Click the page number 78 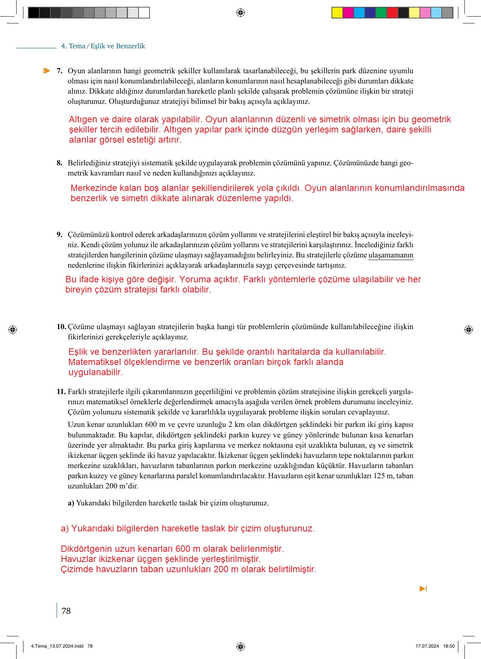[66, 611]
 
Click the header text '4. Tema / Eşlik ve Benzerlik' [103, 46]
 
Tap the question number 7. [59, 71]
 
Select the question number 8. [59, 163]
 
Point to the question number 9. [59, 235]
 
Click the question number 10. [61, 327]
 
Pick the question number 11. [61, 392]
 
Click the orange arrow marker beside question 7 [46, 71]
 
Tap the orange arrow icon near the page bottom [423, 589]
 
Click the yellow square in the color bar [337, 13]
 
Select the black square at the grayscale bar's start [34, 13]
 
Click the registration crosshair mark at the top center [240, 13]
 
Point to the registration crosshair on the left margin [12, 329]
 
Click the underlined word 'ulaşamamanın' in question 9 [391, 255]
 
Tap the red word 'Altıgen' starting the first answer [83, 120]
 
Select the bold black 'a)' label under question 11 [71, 503]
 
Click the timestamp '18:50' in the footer [449, 646]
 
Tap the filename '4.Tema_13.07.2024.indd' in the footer [57, 646]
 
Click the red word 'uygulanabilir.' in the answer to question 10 [96, 372]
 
